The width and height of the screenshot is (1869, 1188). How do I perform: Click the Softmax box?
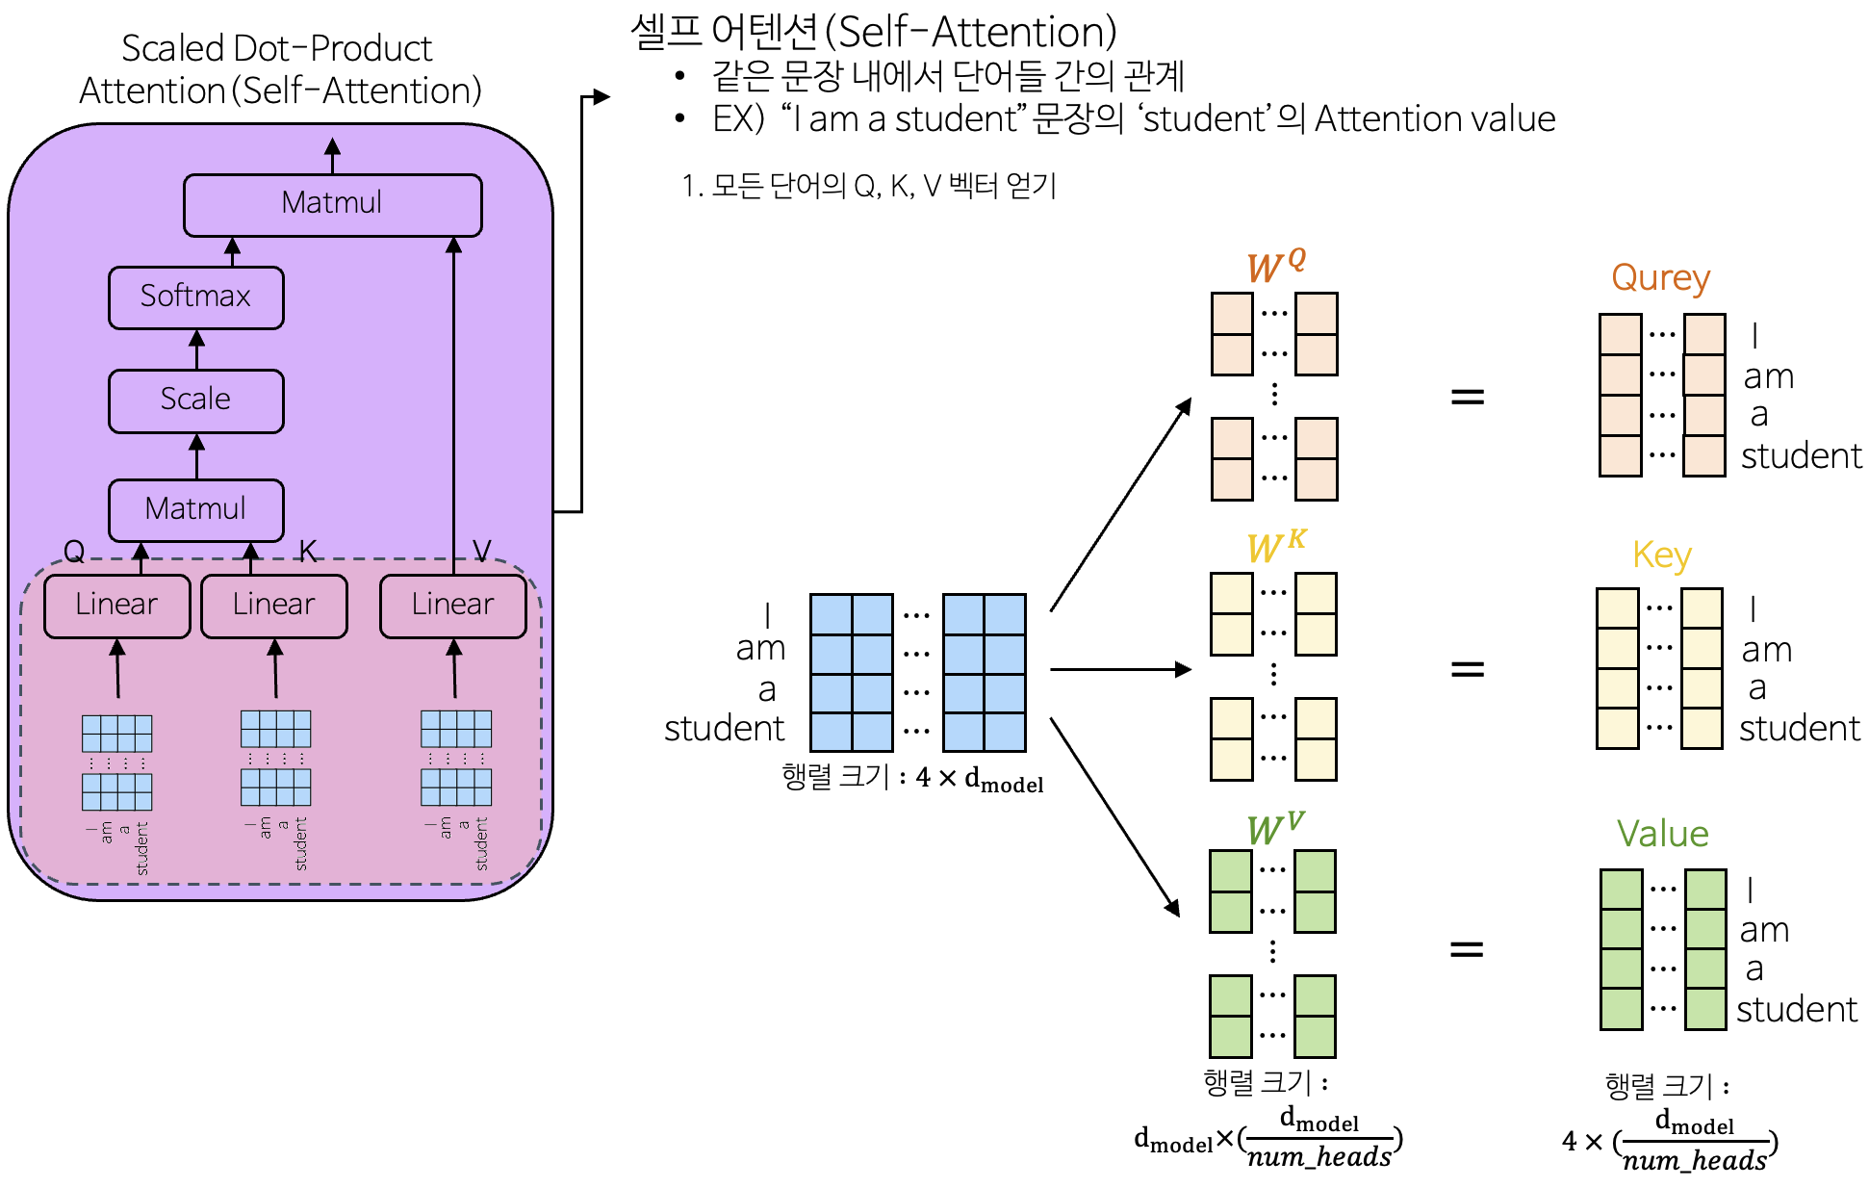195,297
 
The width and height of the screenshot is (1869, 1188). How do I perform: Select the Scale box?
195,400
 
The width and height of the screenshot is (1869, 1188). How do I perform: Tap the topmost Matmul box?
332,204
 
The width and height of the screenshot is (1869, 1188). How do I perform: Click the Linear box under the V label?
452,606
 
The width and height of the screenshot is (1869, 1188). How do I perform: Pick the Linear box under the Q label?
116,606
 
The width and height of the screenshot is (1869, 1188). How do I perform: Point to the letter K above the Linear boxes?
308,551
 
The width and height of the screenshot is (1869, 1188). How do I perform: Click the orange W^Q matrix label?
1275,266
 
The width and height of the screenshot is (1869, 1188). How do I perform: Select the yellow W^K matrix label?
1275,546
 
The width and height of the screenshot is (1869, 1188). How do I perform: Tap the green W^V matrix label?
1274,827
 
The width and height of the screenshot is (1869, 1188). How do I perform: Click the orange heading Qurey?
1660,278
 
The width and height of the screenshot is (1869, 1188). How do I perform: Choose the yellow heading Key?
1661,555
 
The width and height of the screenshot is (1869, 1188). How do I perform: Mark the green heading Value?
1662,834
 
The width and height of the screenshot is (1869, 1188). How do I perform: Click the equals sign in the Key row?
1467,668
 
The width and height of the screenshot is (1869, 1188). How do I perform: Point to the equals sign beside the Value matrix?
1466,949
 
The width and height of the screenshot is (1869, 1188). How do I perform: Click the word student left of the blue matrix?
724,729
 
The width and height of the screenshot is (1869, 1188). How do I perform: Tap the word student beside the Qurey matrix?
1801,456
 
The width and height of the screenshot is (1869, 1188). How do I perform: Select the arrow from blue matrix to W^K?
1120,669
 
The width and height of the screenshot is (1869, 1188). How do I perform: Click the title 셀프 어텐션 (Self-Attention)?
873,33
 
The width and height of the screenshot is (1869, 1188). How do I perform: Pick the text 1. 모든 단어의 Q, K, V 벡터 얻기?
868,186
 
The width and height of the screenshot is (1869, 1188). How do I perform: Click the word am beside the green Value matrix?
1764,930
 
